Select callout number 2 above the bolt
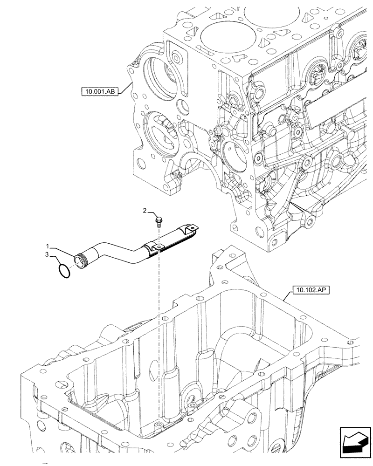[145, 212]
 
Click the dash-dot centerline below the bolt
[159, 326]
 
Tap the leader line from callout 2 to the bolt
[153, 212]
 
